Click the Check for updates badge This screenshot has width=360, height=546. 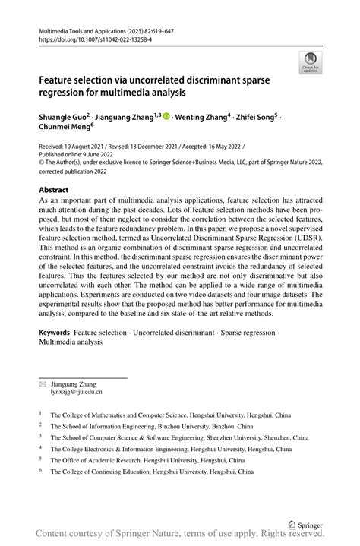pos(310,63)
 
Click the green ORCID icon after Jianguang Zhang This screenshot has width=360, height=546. pos(166,118)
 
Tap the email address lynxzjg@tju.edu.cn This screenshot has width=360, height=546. pos(76,392)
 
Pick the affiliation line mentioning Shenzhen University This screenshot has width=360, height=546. pos(179,437)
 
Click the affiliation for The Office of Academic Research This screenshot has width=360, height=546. pos(147,460)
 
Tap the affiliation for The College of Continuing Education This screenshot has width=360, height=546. pos(153,472)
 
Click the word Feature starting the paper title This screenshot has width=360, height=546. pos(60,80)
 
